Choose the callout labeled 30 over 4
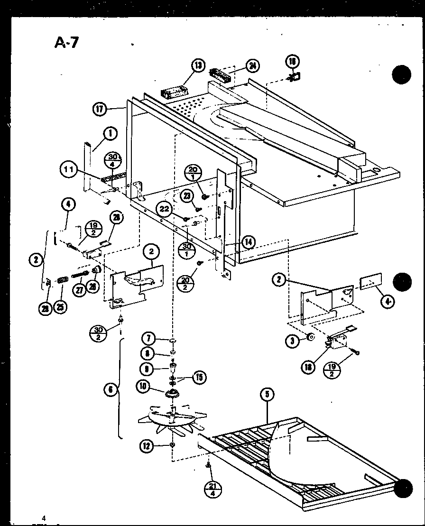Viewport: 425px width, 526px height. [x=113, y=160]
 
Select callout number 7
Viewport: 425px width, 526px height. [x=149, y=339]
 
